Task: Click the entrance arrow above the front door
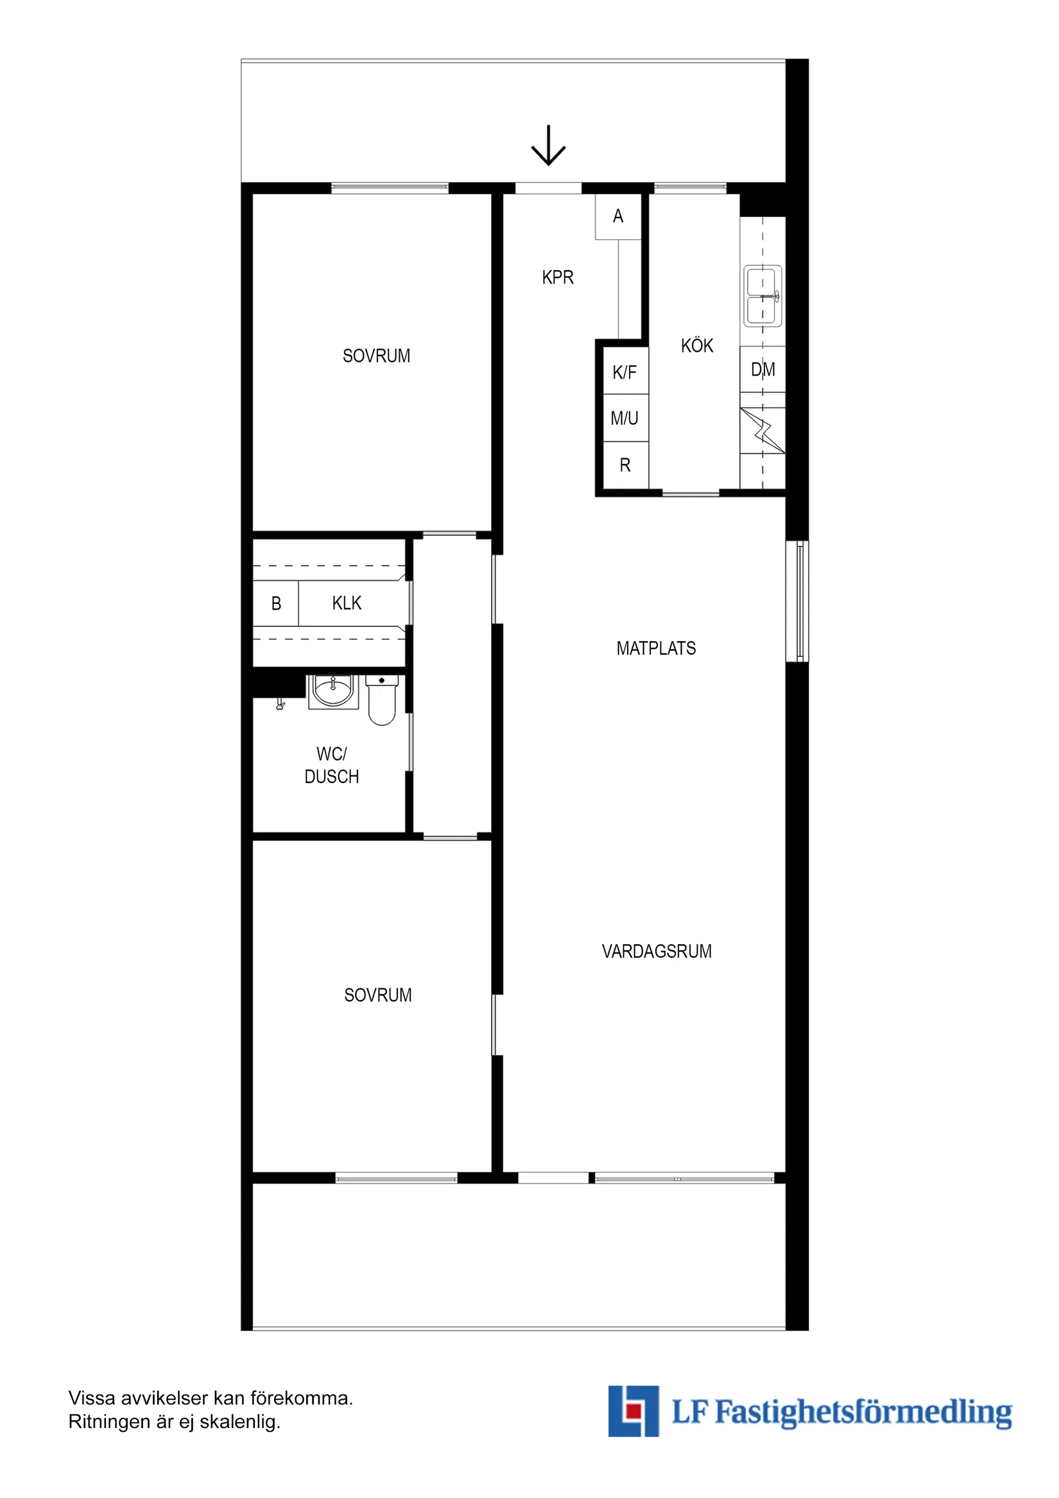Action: click(x=547, y=146)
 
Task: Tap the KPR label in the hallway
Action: click(x=557, y=277)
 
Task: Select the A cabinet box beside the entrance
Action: click(x=617, y=216)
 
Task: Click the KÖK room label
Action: click(x=697, y=346)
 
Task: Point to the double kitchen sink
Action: click(x=762, y=297)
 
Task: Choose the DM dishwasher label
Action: click(x=762, y=370)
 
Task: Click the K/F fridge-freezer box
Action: click(x=624, y=372)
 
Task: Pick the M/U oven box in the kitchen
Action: click(x=624, y=418)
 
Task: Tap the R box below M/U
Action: click(x=624, y=465)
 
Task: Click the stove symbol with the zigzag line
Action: click(x=762, y=431)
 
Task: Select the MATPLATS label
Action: click(x=656, y=648)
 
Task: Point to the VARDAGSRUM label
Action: click(x=657, y=952)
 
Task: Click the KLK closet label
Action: click(x=347, y=603)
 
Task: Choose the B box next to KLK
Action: click(x=276, y=603)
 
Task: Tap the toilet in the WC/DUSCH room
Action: click(x=382, y=702)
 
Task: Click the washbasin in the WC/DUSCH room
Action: click(x=332, y=691)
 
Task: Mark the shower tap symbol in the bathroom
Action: click(x=280, y=703)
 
